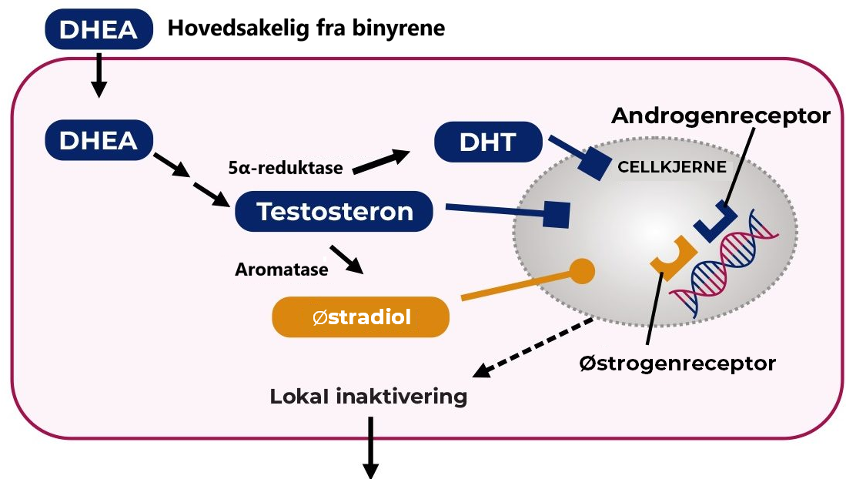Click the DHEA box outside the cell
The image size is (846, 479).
(99, 30)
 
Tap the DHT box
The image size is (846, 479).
(488, 142)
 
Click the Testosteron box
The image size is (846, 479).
(334, 211)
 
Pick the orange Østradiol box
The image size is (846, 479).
(360, 317)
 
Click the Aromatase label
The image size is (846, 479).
(281, 270)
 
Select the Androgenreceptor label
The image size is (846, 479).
(721, 116)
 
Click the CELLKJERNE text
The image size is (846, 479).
(671, 166)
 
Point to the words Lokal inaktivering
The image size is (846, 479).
(369, 397)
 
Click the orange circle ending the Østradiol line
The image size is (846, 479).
(582, 270)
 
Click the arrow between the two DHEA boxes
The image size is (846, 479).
(98, 77)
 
